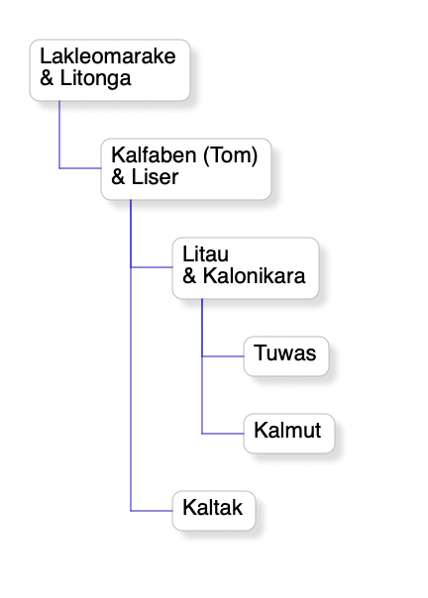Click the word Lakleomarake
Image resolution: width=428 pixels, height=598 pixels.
coord(108,56)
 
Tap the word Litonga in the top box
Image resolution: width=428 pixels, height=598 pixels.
coord(95,78)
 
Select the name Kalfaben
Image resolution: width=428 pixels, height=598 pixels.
coord(154,155)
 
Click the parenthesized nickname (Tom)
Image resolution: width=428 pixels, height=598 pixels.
coord(231,156)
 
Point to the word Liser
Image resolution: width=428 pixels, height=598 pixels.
coord(155,177)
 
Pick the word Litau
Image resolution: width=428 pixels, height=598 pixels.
coord(205,254)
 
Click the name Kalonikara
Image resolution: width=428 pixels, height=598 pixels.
coord(254,276)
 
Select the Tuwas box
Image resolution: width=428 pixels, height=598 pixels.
coord(286,356)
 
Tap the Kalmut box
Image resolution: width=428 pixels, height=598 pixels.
coord(289,434)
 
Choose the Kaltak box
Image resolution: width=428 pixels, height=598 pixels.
coord(214,511)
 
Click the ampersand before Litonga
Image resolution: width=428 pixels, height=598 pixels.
coord(47,78)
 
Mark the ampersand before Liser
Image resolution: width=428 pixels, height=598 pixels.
coord(118,177)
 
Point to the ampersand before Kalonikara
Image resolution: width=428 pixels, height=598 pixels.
coord(189,276)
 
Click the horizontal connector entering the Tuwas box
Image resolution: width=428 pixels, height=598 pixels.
coord(223,356)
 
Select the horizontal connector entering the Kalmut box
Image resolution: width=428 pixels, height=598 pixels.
coord(223,434)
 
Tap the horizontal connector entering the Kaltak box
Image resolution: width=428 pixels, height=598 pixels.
coord(152,511)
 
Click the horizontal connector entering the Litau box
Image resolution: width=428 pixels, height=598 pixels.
coord(152,267)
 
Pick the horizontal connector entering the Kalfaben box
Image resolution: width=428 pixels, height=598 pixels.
coord(80,168)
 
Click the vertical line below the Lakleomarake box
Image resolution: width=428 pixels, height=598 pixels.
coord(59,135)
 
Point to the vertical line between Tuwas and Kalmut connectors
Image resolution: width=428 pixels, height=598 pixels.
coord(202,395)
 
